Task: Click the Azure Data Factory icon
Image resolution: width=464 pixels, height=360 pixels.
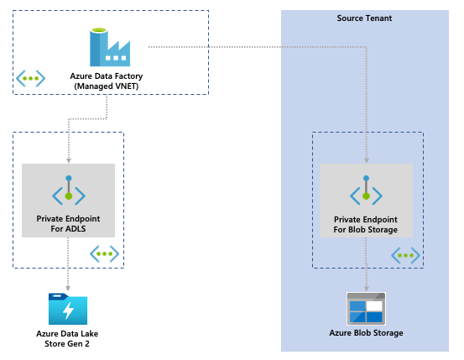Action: [110, 47]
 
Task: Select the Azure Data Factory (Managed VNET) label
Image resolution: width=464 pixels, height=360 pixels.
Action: [107, 81]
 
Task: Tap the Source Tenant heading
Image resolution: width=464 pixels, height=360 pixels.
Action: [364, 18]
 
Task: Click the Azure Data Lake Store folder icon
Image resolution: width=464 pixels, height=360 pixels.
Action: [68, 309]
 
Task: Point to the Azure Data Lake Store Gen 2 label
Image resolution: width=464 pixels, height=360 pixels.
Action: [67, 339]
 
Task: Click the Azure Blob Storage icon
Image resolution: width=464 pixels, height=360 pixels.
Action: [367, 309]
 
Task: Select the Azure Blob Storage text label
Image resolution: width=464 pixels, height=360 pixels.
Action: [366, 333]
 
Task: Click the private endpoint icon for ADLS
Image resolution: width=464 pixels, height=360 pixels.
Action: [69, 190]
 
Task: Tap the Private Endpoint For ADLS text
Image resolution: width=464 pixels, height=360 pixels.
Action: [68, 224]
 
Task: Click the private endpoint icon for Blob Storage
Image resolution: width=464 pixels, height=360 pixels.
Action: [367, 190]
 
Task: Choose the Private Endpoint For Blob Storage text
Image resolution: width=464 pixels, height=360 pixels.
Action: [366, 225]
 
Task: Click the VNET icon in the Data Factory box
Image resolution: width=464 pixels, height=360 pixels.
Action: [30, 78]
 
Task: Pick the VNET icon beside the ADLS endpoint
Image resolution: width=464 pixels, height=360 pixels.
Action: [104, 253]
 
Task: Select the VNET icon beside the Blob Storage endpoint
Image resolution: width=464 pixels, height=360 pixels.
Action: [405, 255]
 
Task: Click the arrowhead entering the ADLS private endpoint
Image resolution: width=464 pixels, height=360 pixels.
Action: [69, 161]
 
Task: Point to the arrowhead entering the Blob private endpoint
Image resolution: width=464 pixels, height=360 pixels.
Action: [367, 161]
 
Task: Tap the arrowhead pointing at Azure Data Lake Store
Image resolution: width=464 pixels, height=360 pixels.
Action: [68, 289]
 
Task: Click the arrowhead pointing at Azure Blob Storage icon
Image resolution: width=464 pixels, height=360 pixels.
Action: [367, 289]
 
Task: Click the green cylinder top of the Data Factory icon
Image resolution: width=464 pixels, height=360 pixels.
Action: [99, 30]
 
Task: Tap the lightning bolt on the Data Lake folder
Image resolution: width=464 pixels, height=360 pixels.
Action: [69, 310]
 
